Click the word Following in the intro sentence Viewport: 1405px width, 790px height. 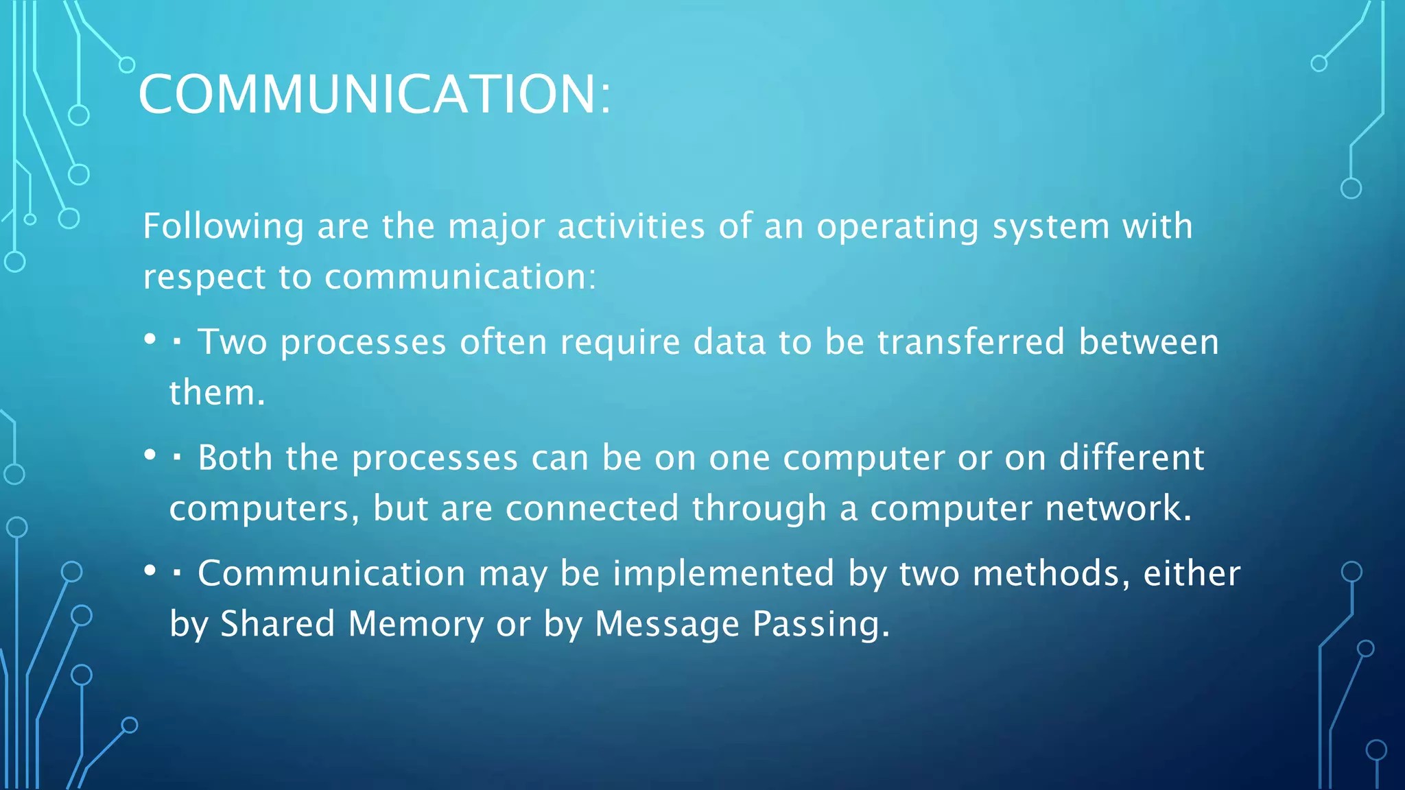223,226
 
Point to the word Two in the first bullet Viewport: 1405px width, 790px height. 232,342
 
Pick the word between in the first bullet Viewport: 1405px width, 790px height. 1148,342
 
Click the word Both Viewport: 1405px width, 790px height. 235,457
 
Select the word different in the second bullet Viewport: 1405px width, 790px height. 1131,457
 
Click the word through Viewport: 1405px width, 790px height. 759,508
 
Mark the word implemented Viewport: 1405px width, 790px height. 724,573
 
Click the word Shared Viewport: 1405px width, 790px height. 277,624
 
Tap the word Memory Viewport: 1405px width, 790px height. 416,624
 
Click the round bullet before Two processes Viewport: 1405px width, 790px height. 150,339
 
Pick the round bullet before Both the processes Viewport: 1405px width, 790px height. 150,455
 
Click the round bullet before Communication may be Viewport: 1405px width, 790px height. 150,571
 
